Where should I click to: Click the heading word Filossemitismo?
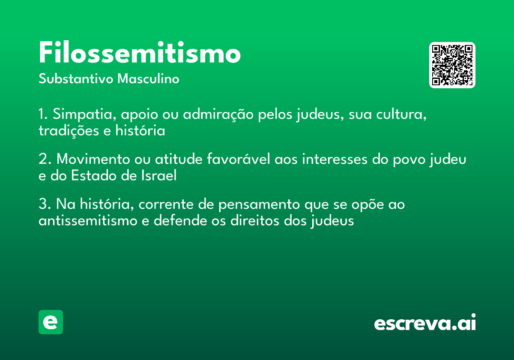(x=140, y=54)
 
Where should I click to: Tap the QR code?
(x=452, y=65)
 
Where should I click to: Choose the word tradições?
(x=69, y=131)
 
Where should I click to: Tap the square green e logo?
(x=51, y=322)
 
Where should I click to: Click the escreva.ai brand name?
(x=425, y=323)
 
